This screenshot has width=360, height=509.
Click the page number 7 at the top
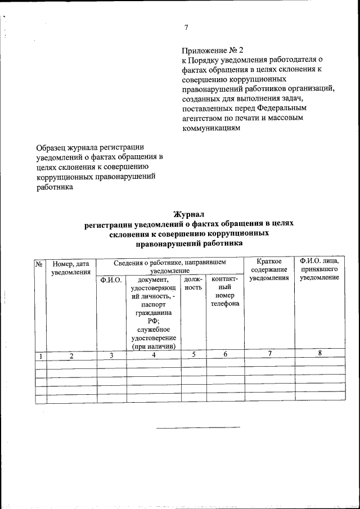[x=186, y=28]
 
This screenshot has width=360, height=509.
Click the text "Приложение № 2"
[x=213, y=51]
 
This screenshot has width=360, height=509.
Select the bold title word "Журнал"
[x=188, y=214]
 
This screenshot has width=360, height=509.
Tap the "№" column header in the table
[x=40, y=263]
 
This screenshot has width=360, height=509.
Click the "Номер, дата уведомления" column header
[x=71, y=268]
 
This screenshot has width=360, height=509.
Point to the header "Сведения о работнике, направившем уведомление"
[x=169, y=266]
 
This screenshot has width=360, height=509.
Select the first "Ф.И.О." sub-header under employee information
[x=111, y=279]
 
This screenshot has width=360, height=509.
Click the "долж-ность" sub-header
[x=193, y=283]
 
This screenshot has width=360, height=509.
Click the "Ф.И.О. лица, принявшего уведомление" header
[x=319, y=269]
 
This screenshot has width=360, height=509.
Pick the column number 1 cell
[x=40, y=355]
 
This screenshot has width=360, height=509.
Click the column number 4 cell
[x=154, y=355]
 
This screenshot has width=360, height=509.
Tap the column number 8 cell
[x=319, y=353]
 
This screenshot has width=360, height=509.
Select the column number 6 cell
[x=225, y=354]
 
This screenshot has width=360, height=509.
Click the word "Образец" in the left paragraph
[x=51, y=147]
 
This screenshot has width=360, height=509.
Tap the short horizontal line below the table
[x=197, y=427]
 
